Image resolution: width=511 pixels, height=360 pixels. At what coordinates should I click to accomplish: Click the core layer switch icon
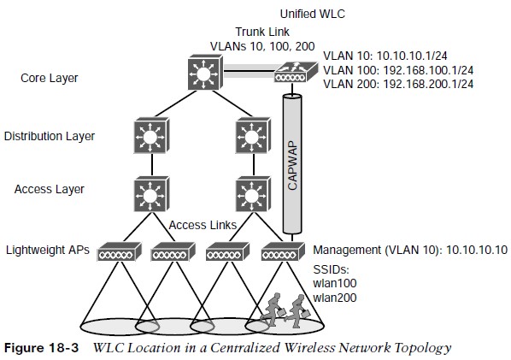point(205,73)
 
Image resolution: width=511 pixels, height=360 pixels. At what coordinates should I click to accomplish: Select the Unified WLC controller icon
point(296,73)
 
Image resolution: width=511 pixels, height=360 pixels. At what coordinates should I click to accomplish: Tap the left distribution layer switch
point(151,135)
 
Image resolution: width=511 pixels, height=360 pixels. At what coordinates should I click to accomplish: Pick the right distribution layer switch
point(253,135)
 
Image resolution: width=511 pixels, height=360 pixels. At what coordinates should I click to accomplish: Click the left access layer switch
point(151,194)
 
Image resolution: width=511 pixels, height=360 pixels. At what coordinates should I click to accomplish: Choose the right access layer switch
point(253,194)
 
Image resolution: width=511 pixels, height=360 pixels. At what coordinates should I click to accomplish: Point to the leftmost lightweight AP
point(120,251)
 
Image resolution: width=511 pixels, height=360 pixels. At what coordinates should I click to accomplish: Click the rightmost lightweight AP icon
point(283,251)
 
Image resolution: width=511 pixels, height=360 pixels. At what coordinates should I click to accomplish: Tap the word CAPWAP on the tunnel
point(292,165)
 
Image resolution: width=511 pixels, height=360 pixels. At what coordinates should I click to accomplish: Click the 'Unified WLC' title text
point(312,14)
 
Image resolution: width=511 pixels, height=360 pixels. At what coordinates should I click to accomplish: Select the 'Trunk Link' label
point(262,32)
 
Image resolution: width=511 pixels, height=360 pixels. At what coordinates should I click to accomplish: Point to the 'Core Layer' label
point(50,79)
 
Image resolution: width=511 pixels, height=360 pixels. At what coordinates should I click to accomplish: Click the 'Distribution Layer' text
point(50,136)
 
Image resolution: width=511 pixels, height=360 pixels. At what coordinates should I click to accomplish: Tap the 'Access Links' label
point(203,225)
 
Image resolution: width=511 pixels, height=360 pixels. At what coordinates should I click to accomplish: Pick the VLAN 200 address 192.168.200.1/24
point(428,84)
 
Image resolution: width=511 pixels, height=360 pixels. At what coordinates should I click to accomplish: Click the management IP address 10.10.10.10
point(477,250)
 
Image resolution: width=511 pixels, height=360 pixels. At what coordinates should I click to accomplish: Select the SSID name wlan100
point(335,283)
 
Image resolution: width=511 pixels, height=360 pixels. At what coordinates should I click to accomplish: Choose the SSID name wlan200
point(335,298)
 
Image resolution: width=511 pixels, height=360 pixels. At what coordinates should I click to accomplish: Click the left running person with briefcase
point(273,309)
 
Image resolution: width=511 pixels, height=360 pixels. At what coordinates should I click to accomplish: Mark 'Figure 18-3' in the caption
point(41,348)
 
